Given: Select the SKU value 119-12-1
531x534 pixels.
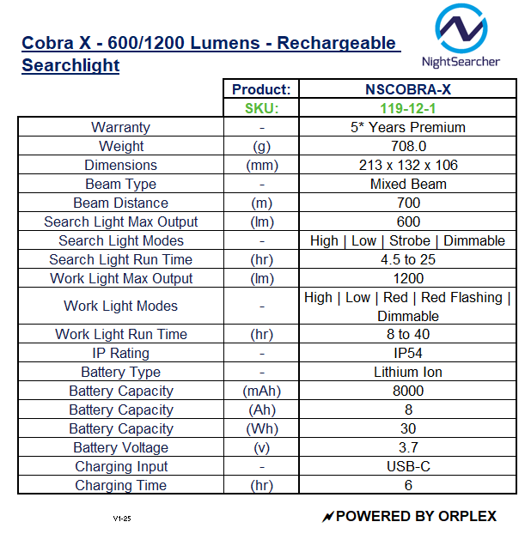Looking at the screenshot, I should coord(408,108).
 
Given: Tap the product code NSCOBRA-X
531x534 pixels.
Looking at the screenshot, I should coord(408,89).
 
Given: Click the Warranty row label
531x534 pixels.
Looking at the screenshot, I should coord(120,127).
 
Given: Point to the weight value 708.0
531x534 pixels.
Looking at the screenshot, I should coord(408,146).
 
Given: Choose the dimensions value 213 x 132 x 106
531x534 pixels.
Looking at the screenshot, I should coord(408,165).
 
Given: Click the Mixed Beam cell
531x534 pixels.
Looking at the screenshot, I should coord(408,184).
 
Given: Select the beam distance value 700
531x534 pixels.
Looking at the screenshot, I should coord(408,203).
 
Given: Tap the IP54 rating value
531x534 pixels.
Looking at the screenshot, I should coord(408,353).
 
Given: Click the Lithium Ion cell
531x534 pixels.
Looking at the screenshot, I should coord(408,372).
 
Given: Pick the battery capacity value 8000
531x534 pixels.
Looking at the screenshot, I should coord(408,391).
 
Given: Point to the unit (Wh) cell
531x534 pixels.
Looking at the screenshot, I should coord(262,428).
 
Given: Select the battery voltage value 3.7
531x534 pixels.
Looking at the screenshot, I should coord(408,447).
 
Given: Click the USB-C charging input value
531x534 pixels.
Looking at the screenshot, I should coord(408,466).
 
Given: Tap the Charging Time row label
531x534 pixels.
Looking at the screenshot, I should coord(120,485).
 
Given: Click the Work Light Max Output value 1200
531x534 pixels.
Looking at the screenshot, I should coord(408,278).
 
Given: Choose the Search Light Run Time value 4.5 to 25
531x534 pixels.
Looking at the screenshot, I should coord(408,259).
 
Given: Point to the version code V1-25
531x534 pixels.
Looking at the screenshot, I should coord(121,519).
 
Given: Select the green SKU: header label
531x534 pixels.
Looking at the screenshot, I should coord(262,108).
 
